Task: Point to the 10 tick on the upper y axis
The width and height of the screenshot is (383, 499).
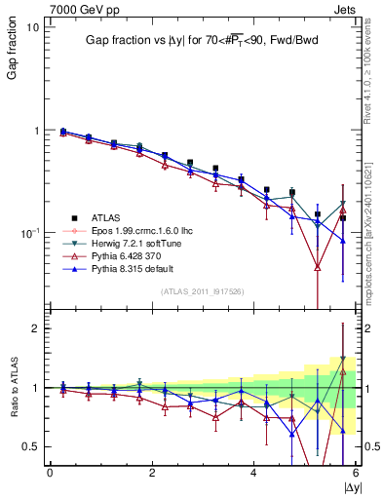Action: tap(32, 27)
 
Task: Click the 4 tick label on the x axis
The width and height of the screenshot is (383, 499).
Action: tap(253, 473)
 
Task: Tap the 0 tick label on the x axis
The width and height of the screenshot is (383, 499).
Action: tap(50, 473)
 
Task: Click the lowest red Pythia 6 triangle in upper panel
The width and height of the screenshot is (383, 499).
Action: tap(318, 266)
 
